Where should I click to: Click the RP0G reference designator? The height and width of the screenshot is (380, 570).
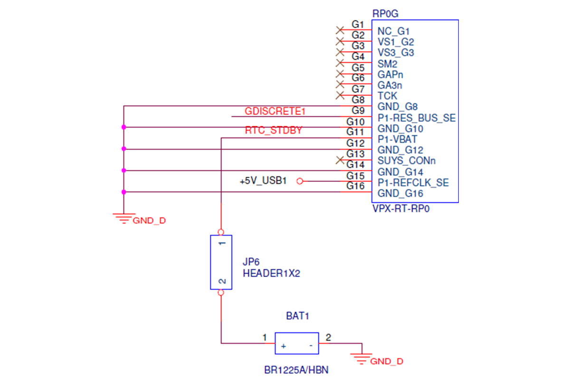click(x=385, y=14)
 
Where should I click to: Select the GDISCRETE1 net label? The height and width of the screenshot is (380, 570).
click(x=275, y=111)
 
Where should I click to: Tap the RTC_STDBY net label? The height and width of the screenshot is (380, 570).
click(x=273, y=130)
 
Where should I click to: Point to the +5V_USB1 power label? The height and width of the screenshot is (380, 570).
click(x=263, y=180)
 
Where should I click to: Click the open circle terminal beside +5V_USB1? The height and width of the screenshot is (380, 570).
click(x=300, y=181)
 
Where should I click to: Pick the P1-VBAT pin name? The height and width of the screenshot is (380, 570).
click(x=397, y=139)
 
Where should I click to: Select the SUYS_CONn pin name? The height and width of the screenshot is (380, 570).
click(x=407, y=161)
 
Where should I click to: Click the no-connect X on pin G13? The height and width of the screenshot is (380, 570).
click(x=340, y=160)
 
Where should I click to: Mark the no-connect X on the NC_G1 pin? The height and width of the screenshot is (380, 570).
click(x=340, y=30)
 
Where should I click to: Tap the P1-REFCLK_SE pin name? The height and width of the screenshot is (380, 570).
click(x=413, y=182)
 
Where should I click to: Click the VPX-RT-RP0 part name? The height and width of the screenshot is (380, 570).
click(x=401, y=209)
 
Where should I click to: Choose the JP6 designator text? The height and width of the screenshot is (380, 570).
click(x=251, y=262)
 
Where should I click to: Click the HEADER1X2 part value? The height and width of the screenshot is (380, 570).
click(x=272, y=273)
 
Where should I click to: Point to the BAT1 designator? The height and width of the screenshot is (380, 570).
click(x=297, y=316)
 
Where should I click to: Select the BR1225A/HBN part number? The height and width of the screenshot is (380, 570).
click(x=296, y=370)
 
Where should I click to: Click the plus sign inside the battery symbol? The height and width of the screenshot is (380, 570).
click(x=284, y=346)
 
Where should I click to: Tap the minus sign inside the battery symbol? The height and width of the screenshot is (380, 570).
click(x=311, y=345)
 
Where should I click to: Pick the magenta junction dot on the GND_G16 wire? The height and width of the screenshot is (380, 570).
click(x=123, y=192)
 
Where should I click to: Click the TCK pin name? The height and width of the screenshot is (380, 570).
click(x=387, y=96)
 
